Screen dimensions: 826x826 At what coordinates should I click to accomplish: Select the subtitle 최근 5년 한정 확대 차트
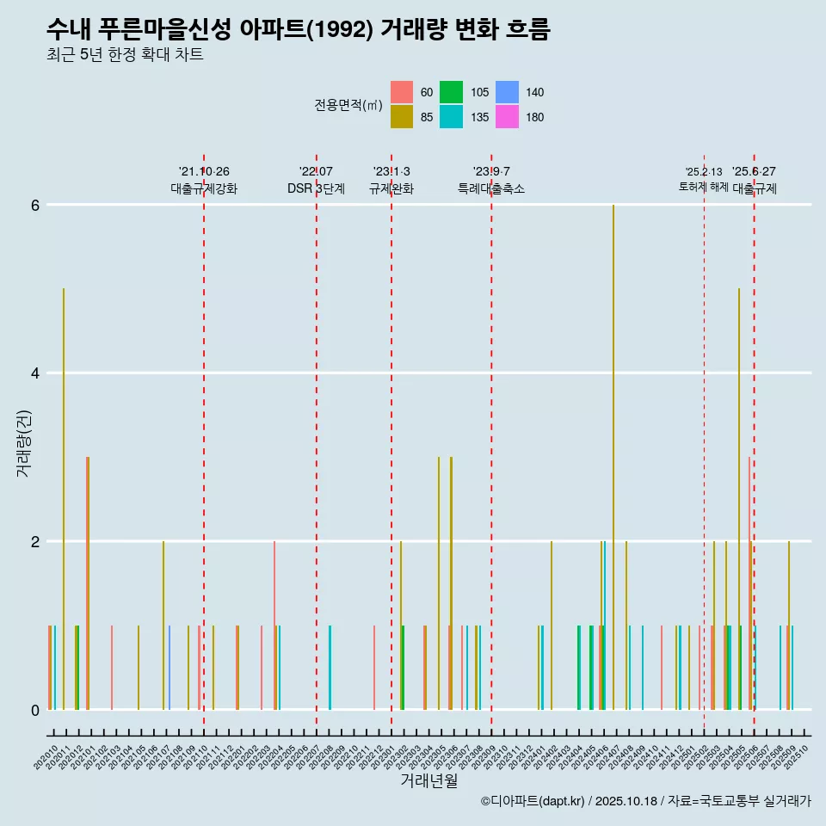point(125,56)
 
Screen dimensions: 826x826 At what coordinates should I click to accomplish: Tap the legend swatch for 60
point(401,92)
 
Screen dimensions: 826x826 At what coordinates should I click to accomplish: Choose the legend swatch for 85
point(401,117)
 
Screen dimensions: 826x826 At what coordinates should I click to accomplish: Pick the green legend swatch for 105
point(451,92)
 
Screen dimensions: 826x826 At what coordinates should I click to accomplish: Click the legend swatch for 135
point(451,117)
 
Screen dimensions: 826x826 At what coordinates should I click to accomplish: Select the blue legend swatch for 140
point(508,92)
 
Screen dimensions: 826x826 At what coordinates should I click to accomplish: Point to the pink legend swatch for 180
point(508,117)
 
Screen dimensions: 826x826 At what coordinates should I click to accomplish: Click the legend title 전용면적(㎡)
point(348,105)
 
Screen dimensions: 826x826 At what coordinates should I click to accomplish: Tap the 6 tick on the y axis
point(35,205)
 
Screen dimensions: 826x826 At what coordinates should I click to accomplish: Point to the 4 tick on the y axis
point(35,373)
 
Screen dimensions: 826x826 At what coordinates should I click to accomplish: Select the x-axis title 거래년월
point(428,780)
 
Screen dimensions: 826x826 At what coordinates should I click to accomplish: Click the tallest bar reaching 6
point(613,456)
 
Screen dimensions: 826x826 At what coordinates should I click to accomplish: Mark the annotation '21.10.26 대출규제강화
point(204,180)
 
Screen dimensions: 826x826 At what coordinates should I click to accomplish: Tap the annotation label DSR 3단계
point(316,188)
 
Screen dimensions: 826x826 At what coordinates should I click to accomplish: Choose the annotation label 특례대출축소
point(491,188)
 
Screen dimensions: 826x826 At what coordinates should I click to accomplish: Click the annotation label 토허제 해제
point(704,187)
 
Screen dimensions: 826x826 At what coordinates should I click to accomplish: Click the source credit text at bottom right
point(645,801)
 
